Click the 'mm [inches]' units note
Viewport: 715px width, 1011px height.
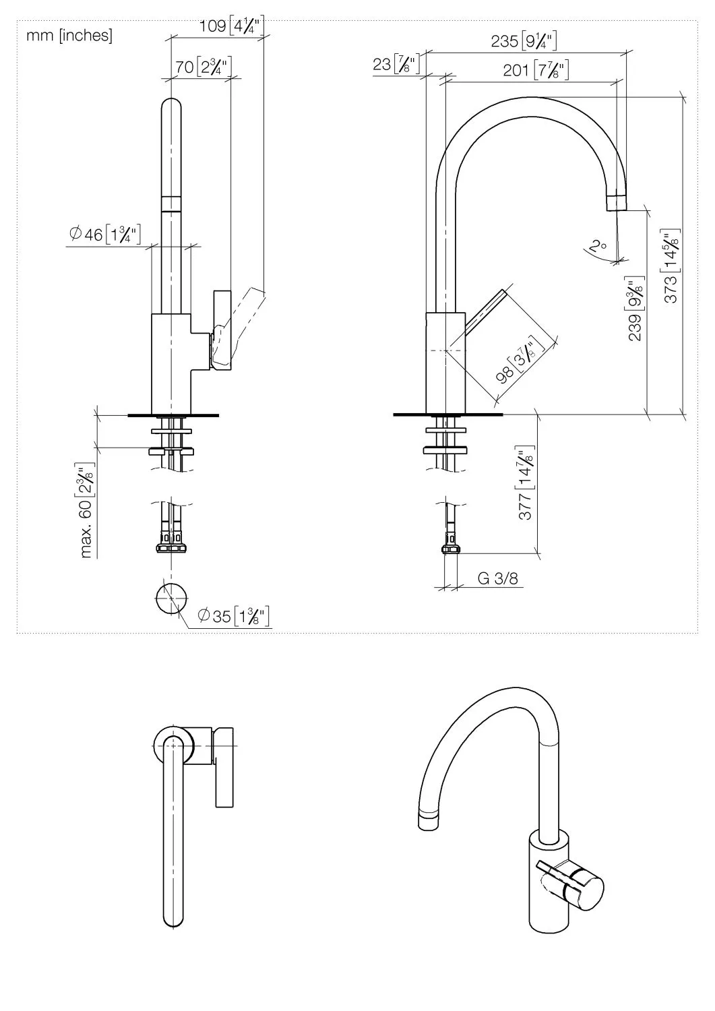tap(69, 36)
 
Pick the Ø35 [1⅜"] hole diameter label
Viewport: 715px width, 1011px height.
tap(234, 615)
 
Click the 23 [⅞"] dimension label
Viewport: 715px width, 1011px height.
tap(396, 65)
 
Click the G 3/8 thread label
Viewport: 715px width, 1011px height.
tap(498, 578)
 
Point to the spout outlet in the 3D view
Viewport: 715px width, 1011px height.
tap(427, 821)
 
